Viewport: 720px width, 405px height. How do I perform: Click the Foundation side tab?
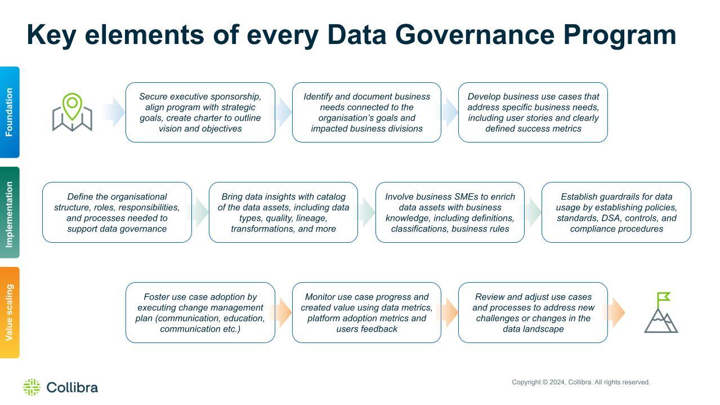click(x=10, y=112)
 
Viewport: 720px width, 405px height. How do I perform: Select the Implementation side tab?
click(x=10, y=212)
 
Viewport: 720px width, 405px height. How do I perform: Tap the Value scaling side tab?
click(x=10, y=313)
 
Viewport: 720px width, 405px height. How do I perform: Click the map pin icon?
click(x=72, y=112)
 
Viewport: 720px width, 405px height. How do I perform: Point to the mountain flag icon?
click(x=661, y=313)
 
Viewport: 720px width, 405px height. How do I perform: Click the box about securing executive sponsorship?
click(x=200, y=112)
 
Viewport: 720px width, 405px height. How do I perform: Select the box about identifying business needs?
click(x=366, y=112)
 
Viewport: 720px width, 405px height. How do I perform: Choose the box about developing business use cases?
click(x=533, y=112)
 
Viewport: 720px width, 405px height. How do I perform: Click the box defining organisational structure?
click(x=117, y=212)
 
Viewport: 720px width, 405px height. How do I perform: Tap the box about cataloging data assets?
click(x=283, y=212)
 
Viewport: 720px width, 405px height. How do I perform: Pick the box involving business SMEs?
click(x=450, y=212)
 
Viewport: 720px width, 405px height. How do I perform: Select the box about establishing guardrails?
click(x=616, y=212)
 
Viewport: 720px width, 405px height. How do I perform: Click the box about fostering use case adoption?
click(x=200, y=313)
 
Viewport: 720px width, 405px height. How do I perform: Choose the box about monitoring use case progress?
click(x=366, y=313)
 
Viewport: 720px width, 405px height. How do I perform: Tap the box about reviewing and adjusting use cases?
click(x=533, y=313)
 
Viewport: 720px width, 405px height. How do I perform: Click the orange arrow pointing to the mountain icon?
click(x=615, y=313)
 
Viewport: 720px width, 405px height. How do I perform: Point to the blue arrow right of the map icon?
click(x=114, y=112)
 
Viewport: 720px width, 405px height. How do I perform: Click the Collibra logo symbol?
click(x=32, y=387)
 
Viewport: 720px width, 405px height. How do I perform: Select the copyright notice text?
click(x=581, y=382)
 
